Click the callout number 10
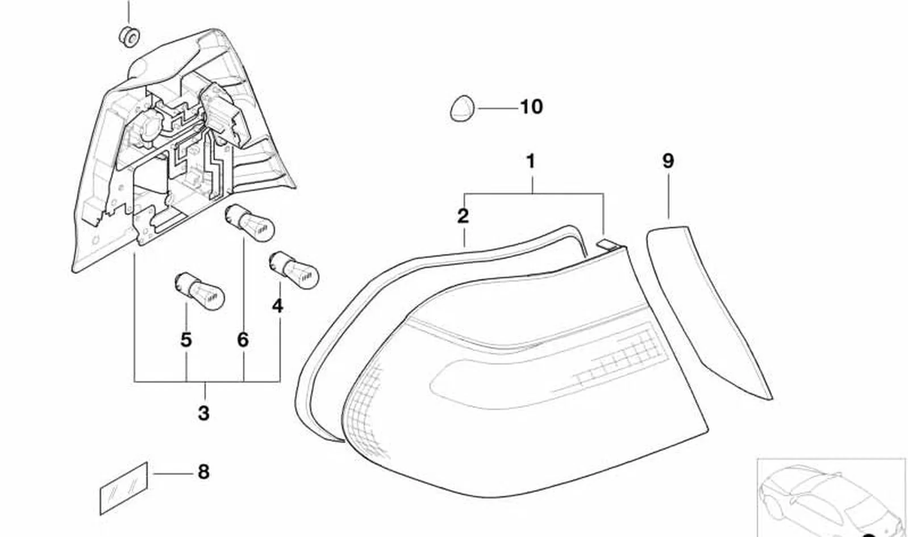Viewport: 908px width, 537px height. click(531, 107)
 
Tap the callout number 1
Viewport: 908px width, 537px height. click(531, 161)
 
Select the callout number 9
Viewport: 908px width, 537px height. click(668, 161)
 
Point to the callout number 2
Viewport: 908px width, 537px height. click(463, 216)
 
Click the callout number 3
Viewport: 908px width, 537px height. click(203, 413)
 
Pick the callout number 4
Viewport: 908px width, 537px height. click(278, 306)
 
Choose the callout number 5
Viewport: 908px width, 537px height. click(186, 340)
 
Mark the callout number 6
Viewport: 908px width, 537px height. click(243, 340)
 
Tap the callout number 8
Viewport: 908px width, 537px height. click(203, 472)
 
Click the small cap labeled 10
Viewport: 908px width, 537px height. click(462, 108)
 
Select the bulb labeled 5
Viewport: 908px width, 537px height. click(199, 291)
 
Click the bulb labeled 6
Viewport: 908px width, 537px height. click(249, 223)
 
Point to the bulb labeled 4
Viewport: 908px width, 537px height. click(294, 270)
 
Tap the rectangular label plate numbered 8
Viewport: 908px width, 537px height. click(124, 488)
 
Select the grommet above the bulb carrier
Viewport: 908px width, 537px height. click(130, 37)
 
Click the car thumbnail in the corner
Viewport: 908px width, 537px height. click(831, 498)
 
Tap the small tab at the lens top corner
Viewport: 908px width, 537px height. click(608, 244)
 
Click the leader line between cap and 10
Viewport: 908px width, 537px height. click(498, 108)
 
